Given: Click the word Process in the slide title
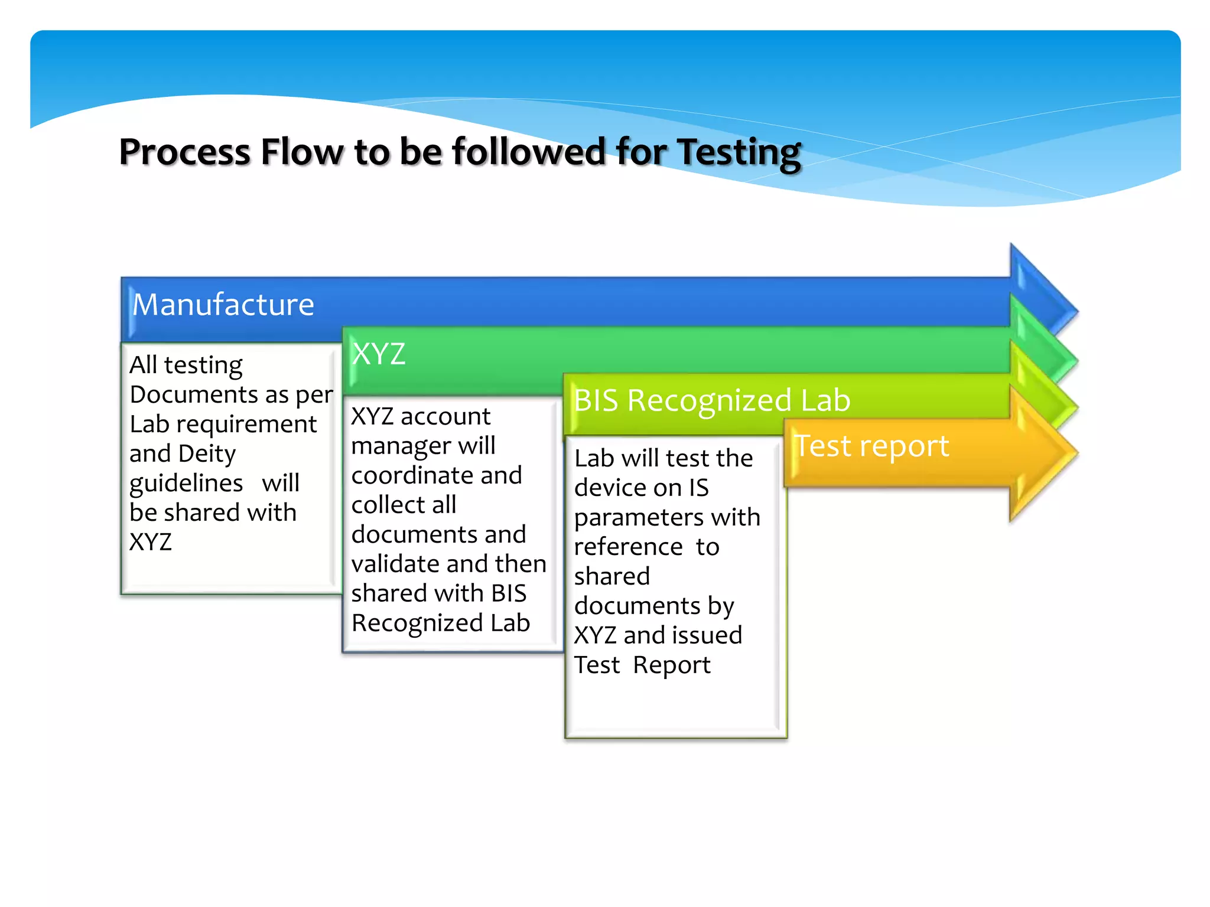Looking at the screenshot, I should pyautogui.click(x=184, y=152).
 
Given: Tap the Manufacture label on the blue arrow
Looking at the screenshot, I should pyautogui.click(x=223, y=305).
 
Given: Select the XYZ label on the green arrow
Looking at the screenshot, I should pyautogui.click(x=378, y=354).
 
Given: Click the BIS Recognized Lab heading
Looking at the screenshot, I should pyautogui.click(x=712, y=400).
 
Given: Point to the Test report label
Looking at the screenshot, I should pyautogui.click(x=872, y=446).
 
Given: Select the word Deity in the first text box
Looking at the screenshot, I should pyautogui.click(x=207, y=454).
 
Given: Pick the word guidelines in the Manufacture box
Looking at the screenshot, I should pyautogui.click(x=186, y=484).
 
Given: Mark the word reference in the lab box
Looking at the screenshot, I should pyautogui.click(x=628, y=547).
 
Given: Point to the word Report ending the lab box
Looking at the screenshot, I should pyautogui.click(x=672, y=665).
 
